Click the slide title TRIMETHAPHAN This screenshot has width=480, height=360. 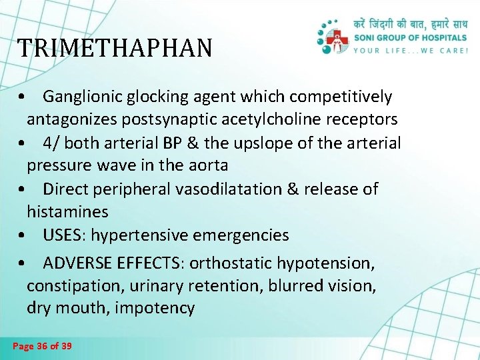pos(115,49)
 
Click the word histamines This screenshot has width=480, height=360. pos(67,212)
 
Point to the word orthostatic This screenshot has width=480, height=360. pos(231,263)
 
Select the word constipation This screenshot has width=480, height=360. pos(67,286)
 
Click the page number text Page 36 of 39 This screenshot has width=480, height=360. pos(43,346)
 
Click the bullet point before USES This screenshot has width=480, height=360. pos(23,236)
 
